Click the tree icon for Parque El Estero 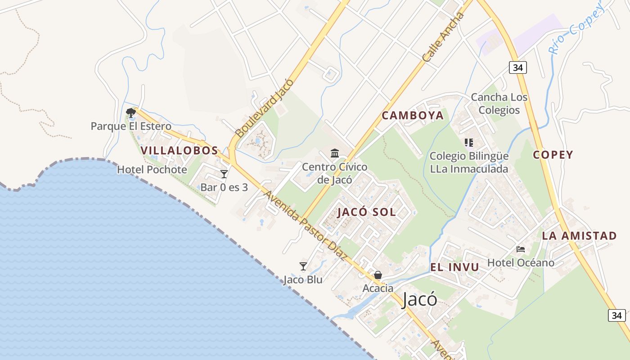click(x=131, y=112)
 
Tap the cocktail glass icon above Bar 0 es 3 click(x=224, y=174)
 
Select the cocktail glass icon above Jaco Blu click(x=303, y=266)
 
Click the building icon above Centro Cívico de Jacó click(x=335, y=153)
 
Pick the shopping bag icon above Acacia click(x=378, y=275)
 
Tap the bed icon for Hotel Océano click(x=521, y=249)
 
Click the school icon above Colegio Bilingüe click(x=469, y=143)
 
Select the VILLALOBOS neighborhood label click(x=179, y=151)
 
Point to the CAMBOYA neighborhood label click(x=413, y=116)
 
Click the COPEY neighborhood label click(x=553, y=155)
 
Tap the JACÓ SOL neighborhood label click(x=367, y=212)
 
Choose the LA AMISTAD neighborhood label click(x=579, y=236)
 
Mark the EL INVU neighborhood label click(x=454, y=267)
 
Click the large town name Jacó click(x=419, y=299)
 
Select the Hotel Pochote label click(x=152, y=170)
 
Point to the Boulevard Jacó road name click(x=264, y=108)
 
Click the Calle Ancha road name click(x=443, y=38)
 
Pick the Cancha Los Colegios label click(x=499, y=104)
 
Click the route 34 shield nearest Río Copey click(x=518, y=67)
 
